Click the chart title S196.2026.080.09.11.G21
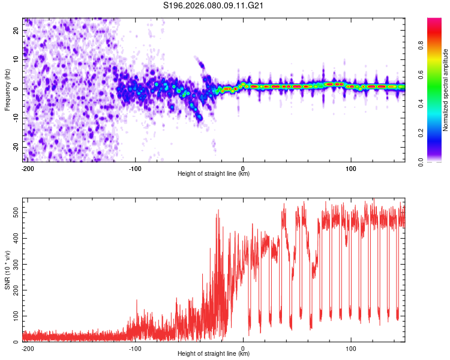pos(215,7)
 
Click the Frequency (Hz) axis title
pos(7,90)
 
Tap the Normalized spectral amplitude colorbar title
pos(446,90)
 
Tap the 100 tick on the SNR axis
pos(14,316)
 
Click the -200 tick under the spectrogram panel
pos(27,168)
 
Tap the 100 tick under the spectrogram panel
pos(350,168)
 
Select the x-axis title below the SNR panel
pos(214,354)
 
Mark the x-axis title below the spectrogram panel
pos(214,174)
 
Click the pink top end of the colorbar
pos(434,21)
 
